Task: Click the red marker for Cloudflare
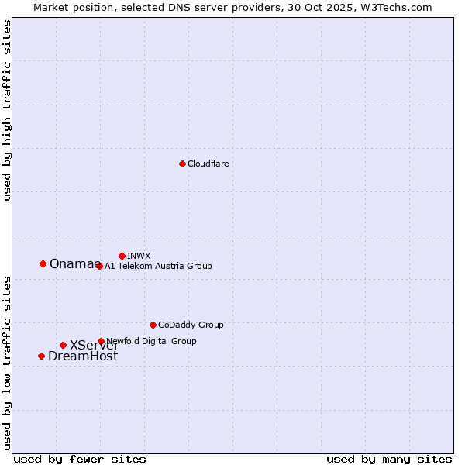[x=182, y=164]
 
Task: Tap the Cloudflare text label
[x=208, y=164]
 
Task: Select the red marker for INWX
[x=122, y=256]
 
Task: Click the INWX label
[x=139, y=256]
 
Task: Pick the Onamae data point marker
[x=43, y=263]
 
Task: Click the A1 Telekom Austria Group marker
[x=99, y=266]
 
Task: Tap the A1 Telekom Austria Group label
[x=158, y=266]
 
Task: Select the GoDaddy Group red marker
[x=153, y=325]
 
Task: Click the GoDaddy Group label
[x=191, y=325]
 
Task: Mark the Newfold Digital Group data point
[x=101, y=341]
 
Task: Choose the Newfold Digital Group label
[x=152, y=341]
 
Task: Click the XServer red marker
[x=63, y=345]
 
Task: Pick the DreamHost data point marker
[x=41, y=356]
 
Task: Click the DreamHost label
[x=83, y=356]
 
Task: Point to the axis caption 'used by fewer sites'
[x=80, y=459]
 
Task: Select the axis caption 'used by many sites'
[x=389, y=459]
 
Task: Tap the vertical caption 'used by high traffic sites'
[x=7, y=110]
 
